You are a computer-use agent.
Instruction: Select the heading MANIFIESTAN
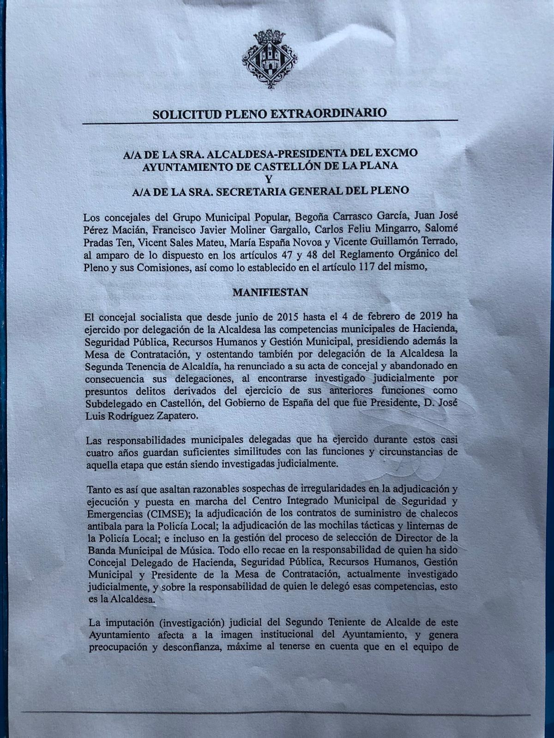271,292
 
